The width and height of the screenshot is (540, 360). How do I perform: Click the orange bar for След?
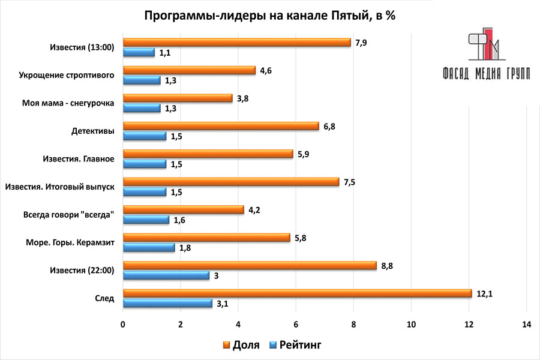click(297, 293)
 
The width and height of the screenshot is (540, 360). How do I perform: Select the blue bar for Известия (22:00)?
click(166, 275)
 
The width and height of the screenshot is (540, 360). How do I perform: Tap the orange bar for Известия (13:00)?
click(236, 42)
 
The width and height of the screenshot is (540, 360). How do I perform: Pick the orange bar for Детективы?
click(221, 126)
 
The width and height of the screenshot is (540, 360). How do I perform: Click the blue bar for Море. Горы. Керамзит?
click(149, 248)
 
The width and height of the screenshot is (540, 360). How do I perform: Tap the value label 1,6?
click(181, 220)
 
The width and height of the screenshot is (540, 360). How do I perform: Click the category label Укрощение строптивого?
click(67, 75)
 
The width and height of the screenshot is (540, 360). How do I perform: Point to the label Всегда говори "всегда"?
click(69, 215)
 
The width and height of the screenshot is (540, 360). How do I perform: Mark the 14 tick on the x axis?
click(526, 325)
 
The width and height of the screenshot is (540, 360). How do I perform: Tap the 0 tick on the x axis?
click(123, 325)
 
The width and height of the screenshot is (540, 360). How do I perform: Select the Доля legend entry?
click(240, 345)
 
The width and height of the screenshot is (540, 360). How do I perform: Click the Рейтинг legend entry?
click(294, 345)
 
